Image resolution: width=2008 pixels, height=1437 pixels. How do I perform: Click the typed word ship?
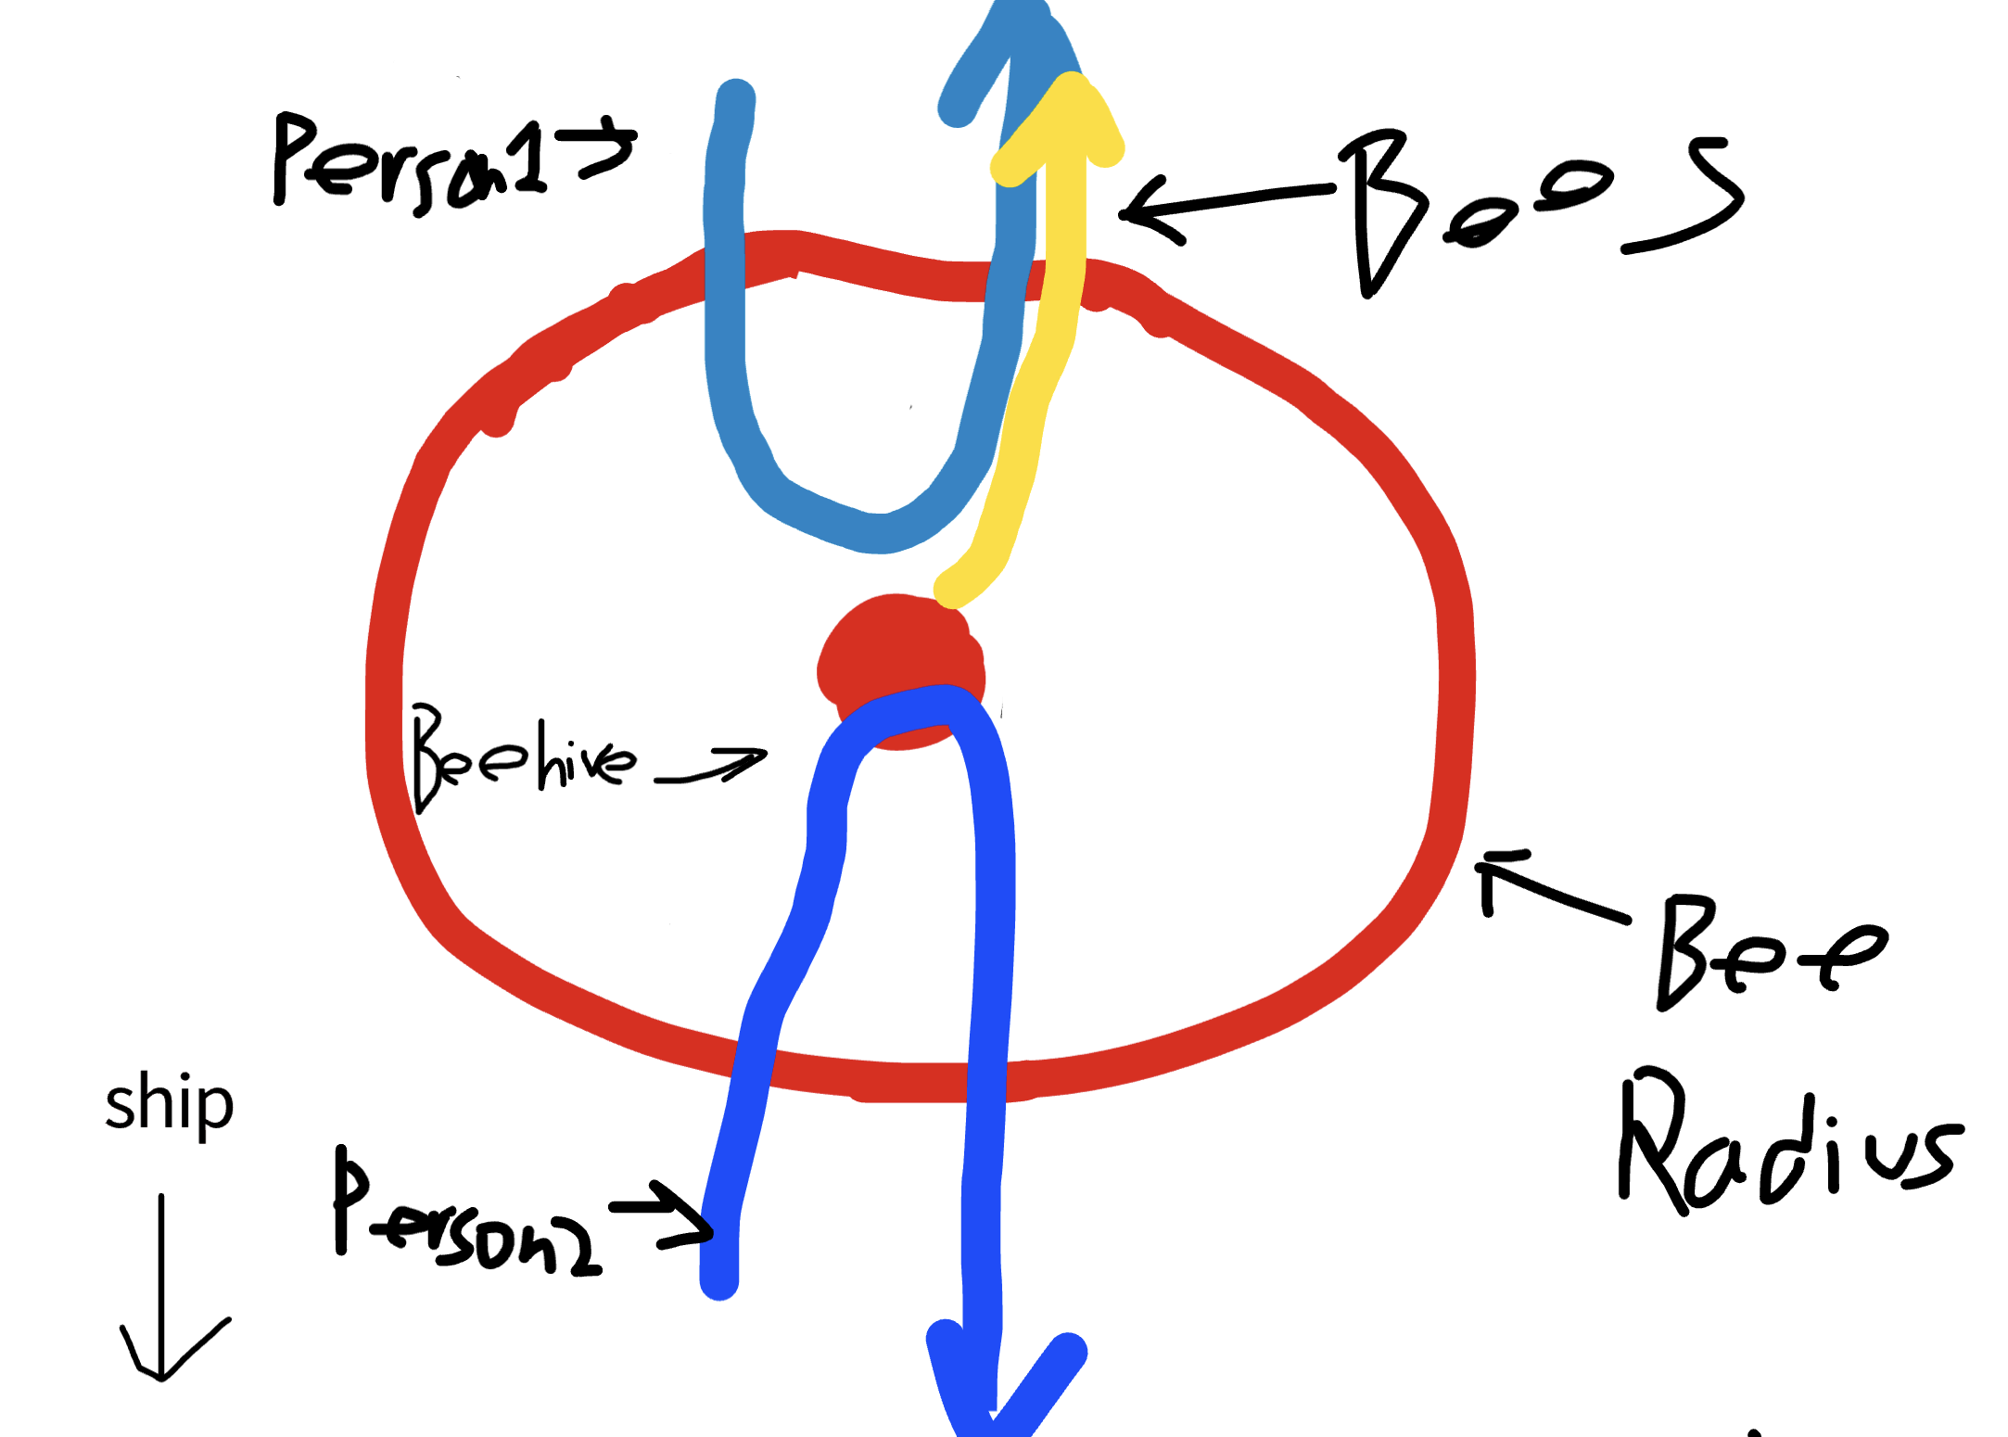click(169, 1103)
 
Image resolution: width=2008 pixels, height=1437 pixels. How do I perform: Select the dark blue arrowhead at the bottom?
click(997, 1391)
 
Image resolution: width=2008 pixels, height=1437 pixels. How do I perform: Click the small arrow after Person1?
click(607, 148)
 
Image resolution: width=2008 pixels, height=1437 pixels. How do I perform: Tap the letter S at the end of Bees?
click(1687, 195)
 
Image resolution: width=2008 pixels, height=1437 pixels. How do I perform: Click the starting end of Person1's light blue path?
click(736, 97)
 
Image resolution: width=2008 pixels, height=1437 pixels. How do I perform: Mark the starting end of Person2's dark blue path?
click(719, 1279)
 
